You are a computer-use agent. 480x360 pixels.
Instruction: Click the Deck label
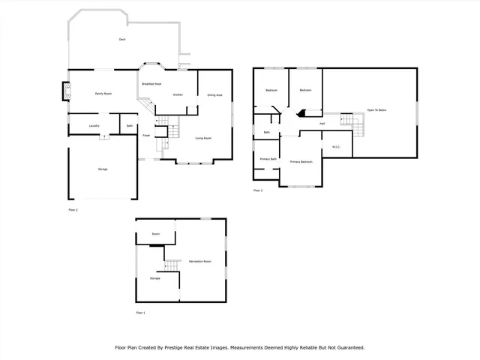tap(121, 39)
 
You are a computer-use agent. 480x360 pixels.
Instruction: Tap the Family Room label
tap(103, 94)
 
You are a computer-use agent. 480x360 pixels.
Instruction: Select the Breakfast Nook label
tap(153, 84)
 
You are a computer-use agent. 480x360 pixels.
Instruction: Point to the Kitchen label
tap(178, 94)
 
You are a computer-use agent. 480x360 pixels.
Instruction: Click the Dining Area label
tap(214, 94)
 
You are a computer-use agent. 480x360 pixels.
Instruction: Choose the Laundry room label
tap(94, 125)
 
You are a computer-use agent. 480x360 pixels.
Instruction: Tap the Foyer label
tap(146, 136)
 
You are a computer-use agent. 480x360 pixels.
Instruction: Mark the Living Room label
tap(203, 138)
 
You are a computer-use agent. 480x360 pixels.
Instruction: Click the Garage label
tap(102, 169)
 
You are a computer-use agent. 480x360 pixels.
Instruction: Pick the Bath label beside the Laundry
tap(130, 125)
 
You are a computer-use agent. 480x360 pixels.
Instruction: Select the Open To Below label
tap(376, 110)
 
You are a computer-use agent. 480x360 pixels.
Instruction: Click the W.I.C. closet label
tap(336, 147)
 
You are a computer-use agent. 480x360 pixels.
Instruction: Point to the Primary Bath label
tap(268, 159)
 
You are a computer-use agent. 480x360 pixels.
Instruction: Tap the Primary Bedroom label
tap(301, 161)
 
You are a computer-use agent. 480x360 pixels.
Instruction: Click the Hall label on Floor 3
tap(322, 124)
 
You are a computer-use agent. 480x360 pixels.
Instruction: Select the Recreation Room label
tap(199, 261)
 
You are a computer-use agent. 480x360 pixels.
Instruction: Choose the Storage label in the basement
tap(154, 278)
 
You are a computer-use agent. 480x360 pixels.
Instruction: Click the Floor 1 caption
tap(140, 312)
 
